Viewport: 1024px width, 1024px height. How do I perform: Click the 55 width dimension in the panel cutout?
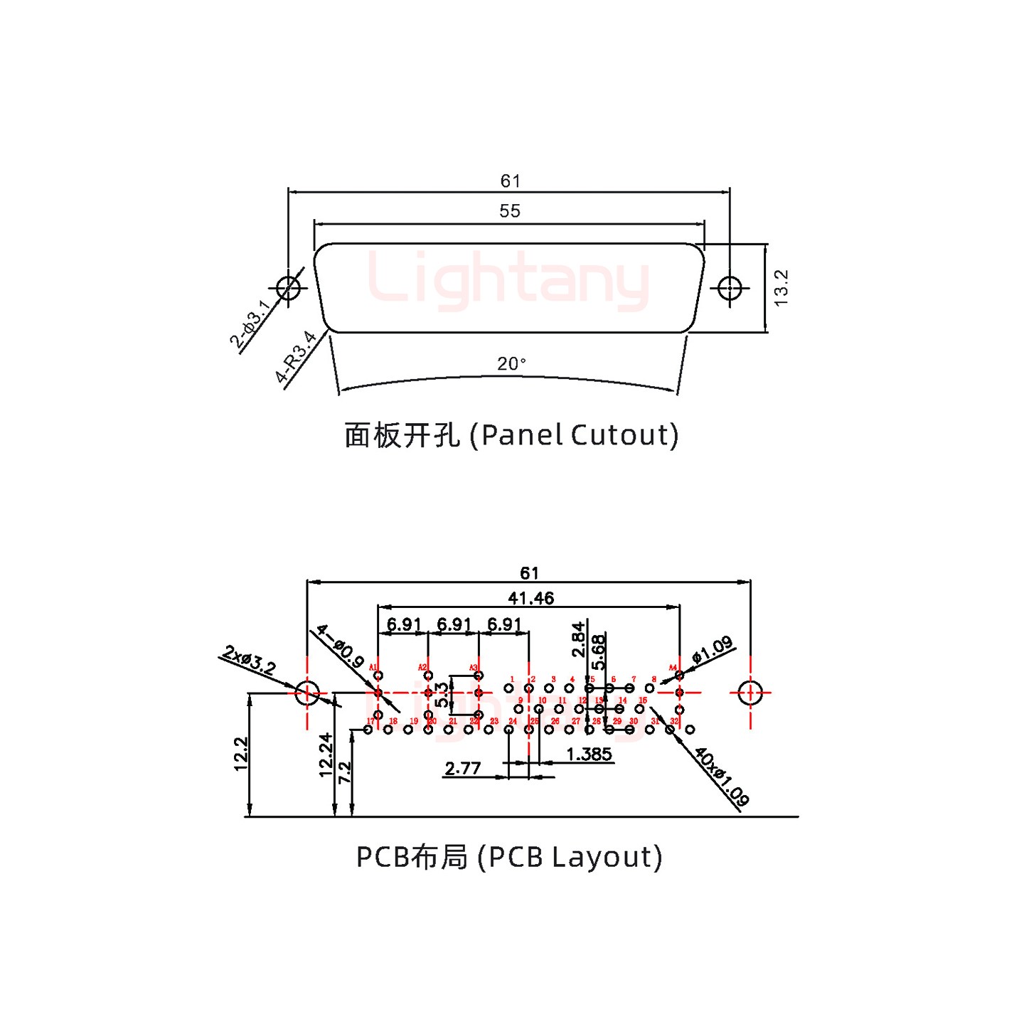(509, 211)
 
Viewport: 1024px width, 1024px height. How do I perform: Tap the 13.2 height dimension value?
(781, 288)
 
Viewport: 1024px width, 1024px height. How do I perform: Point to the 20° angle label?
(511, 364)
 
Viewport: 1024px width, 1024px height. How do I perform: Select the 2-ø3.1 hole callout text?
(250, 324)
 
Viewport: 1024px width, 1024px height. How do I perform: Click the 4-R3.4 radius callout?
(296, 357)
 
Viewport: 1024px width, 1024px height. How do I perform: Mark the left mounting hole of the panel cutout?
(288, 289)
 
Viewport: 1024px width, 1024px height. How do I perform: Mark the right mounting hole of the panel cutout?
(730, 289)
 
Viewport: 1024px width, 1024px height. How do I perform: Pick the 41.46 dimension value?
(530, 599)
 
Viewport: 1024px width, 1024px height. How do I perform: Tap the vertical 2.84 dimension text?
(578, 639)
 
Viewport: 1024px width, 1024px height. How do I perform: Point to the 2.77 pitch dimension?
(462, 769)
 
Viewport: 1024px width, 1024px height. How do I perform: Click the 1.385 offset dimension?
(589, 754)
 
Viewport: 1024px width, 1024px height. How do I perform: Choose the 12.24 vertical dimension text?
(326, 755)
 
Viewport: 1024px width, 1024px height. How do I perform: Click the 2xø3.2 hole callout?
(249, 659)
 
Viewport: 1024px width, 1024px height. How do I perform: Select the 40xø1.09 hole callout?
(721, 777)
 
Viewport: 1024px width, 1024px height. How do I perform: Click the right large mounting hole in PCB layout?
(750, 693)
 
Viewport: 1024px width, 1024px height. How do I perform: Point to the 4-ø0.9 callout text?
(341, 646)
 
